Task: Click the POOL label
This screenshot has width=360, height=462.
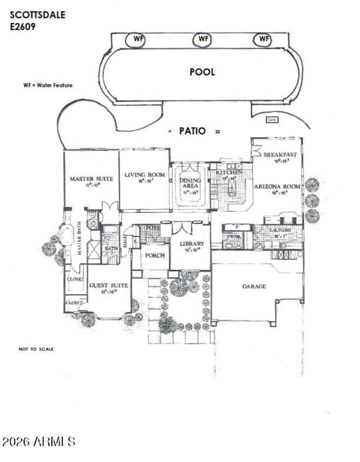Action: coord(202,72)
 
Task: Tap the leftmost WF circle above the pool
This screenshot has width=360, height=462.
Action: coord(135,39)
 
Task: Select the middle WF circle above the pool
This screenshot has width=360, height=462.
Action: coord(203,39)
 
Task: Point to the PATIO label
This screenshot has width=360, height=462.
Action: coord(193,131)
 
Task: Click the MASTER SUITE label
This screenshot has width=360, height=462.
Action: coord(91,179)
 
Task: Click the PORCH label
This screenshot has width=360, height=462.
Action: coord(154,255)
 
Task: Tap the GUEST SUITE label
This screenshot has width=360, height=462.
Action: coord(108,285)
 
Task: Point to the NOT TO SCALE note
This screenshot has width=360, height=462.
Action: coord(36,349)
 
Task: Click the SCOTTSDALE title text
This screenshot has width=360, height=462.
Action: coord(37,15)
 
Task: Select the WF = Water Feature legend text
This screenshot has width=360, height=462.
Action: coord(48,85)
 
